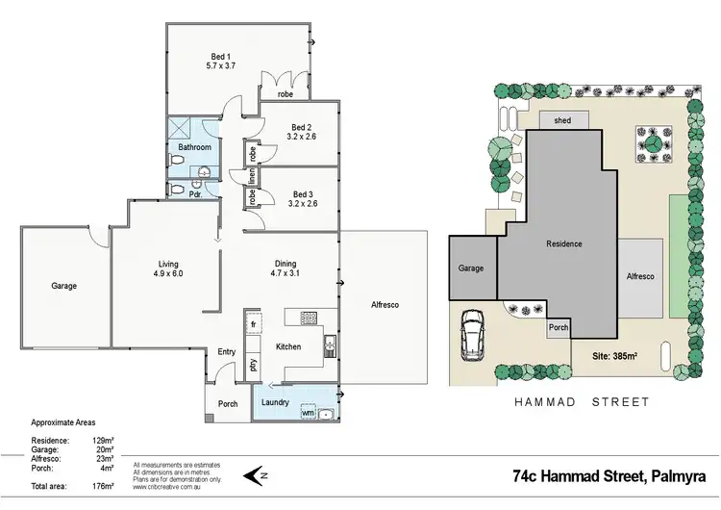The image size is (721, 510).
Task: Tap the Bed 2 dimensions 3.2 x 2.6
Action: (x=301, y=138)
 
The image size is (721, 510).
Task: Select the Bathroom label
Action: (x=193, y=147)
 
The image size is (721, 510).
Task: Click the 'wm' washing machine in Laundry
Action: (x=308, y=413)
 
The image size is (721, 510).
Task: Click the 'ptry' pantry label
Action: (x=253, y=364)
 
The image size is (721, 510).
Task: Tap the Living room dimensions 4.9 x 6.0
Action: (x=169, y=274)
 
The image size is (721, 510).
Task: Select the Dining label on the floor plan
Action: (x=286, y=264)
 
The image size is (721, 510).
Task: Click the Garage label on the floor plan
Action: (x=64, y=286)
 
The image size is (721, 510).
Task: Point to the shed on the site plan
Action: (x=560, y=121)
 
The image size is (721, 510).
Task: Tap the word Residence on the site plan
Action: (x=563, y=243)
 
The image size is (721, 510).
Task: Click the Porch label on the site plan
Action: (x=558, y=327)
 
